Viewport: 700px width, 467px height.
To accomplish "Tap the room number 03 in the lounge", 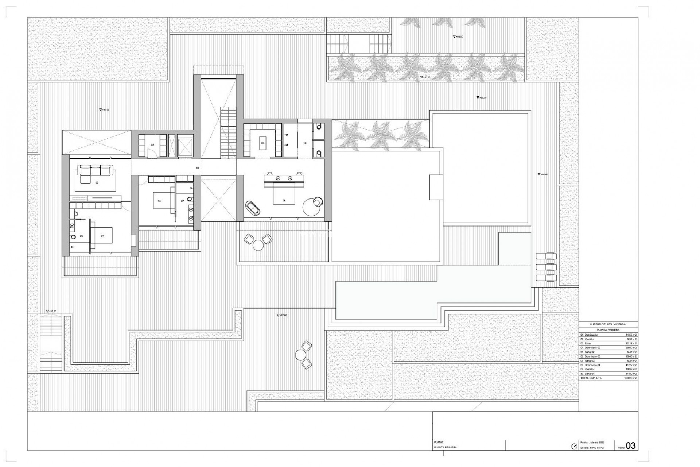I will point(97,182).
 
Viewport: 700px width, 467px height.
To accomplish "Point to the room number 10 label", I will point(305,143).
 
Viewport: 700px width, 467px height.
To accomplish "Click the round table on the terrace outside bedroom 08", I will point(258,245).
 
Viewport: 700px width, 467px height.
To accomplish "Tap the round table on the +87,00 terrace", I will point(300,354).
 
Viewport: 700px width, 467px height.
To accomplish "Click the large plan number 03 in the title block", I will point(630,446).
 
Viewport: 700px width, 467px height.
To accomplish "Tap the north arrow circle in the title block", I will point(575,446).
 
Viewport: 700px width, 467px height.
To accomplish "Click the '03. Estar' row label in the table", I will point(586,343).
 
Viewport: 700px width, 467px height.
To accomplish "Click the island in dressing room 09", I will point(262,143).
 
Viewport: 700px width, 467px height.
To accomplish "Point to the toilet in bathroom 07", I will point(190,199).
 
